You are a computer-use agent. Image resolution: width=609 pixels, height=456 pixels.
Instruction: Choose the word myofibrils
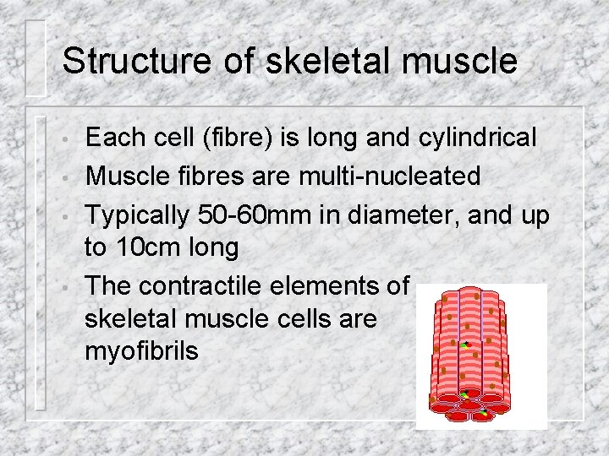pos(141,350)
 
